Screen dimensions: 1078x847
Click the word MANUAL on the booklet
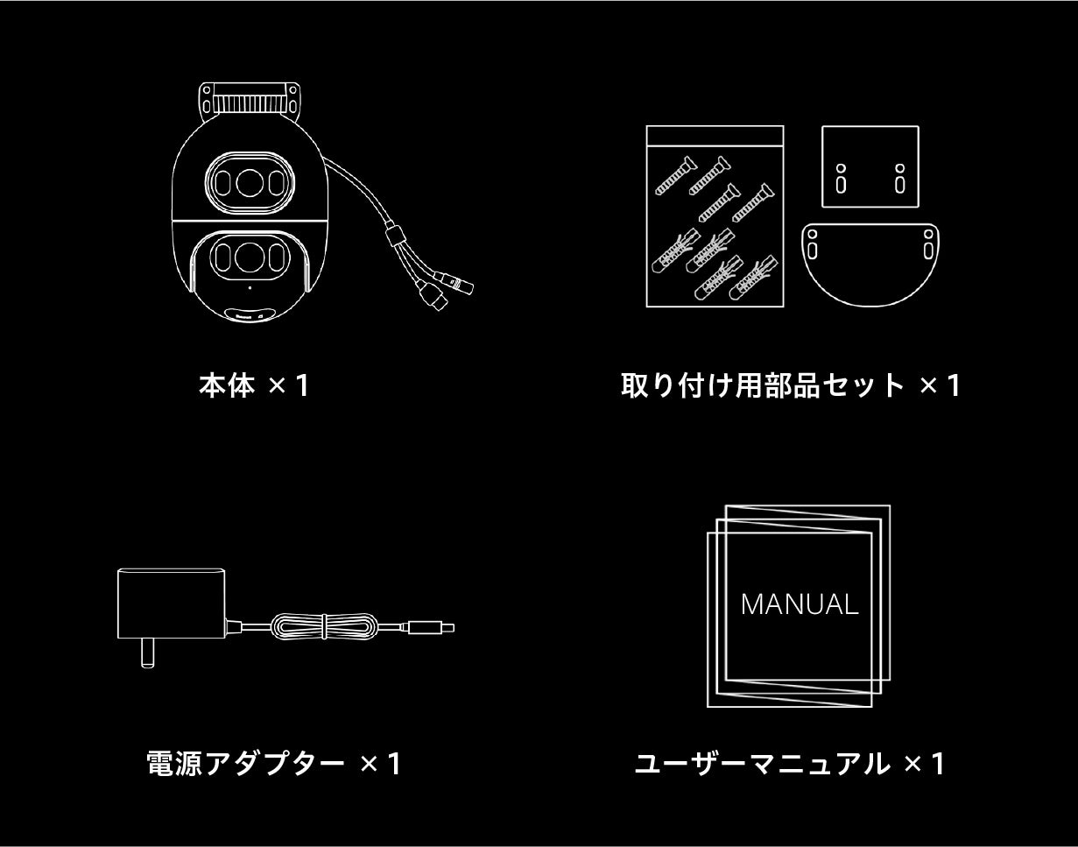pyautogui.click(x=800, y=604)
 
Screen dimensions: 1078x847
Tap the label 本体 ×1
pyautogui.click(x=255, y=385)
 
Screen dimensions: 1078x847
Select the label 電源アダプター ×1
pyautogui.click(x=273, y=764)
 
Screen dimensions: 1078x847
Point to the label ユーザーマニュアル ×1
pyautogui.click(x=790, y=764)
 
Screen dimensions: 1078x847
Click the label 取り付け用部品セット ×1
pyautogui.click(x=791, y=385)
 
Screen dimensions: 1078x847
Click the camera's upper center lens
pyautogui.click(x=250, y=183)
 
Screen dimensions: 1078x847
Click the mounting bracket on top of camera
pyautogui.click(x=250, y=101)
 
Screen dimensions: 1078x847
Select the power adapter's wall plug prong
pyautogui.click(x=147, y=653)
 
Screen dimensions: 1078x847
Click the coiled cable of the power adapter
pyautogui.click(x=324, y=626)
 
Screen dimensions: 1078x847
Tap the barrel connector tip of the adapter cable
pyautogui.click(x=431, y=628)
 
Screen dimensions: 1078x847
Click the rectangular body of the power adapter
pyautogui.click(x=171, y=603)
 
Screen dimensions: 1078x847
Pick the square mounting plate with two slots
pyautogui.click(x=870, y=166)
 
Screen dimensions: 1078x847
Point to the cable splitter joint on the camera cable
pyautogui.click(x=393, y=233)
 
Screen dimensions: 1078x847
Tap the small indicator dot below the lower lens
pyautogui.click(x=250, y=288)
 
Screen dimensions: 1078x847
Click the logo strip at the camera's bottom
pyautogui.click(x=250, y=314)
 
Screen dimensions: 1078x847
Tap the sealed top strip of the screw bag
pyautogui.click(x=715, y=136)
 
